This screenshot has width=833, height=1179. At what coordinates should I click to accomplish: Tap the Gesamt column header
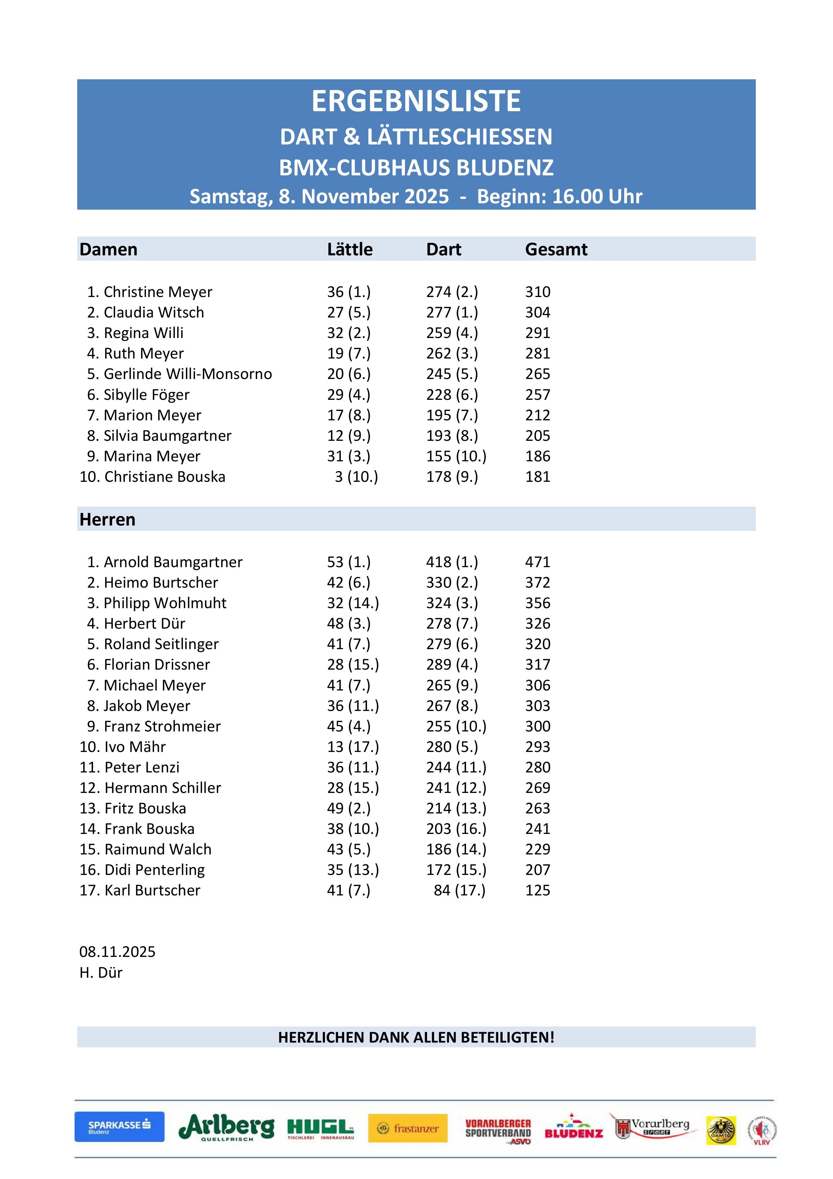click(556, 250)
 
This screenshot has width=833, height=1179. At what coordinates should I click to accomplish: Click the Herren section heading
click(107, 520)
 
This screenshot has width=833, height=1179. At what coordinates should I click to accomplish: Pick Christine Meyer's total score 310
click(537, 292)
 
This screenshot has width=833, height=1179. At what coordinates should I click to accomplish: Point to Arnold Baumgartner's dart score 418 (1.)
click(452, 562)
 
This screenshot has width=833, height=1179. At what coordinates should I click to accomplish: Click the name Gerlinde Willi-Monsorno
click(187, 374)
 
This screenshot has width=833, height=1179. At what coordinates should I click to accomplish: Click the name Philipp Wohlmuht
click(165, 603)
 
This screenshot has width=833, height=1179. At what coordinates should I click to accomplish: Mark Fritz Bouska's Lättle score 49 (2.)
click(349, 809)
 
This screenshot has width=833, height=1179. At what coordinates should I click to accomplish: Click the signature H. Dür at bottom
click(101, 973)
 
